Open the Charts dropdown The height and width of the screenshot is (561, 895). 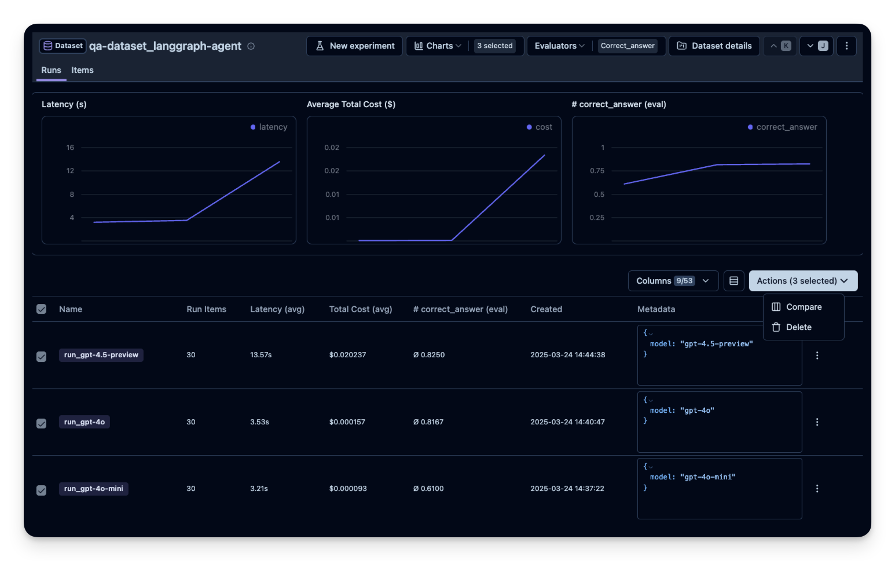(x=438, y=46)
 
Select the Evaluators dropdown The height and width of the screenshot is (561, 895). (x=559, y=46)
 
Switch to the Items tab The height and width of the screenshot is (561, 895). (x=82, y=70)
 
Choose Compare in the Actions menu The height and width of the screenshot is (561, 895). (x=803, y=307)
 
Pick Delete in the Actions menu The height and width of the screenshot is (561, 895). (x=798, y=327)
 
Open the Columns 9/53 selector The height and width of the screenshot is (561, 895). (x=673, y=281)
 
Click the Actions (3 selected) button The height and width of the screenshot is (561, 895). (x=802, y=281)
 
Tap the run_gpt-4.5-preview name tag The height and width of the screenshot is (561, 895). (x=101, y=355)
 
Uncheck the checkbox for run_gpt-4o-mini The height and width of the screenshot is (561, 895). (x=42, y=490)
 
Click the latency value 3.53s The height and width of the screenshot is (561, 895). (x=259, y=422)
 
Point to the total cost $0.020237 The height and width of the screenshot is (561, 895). (x=347, y=355)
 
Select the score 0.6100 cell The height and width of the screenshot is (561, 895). (x=428, y=489)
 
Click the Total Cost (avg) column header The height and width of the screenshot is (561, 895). (x=360, y=309)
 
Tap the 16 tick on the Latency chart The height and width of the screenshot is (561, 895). (x=70, y=148)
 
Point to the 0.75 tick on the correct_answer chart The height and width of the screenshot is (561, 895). (x=597, y=171)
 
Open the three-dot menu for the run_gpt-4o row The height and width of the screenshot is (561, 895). (x=817, y=422)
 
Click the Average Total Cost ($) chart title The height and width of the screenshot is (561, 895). (x=351, y=104)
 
